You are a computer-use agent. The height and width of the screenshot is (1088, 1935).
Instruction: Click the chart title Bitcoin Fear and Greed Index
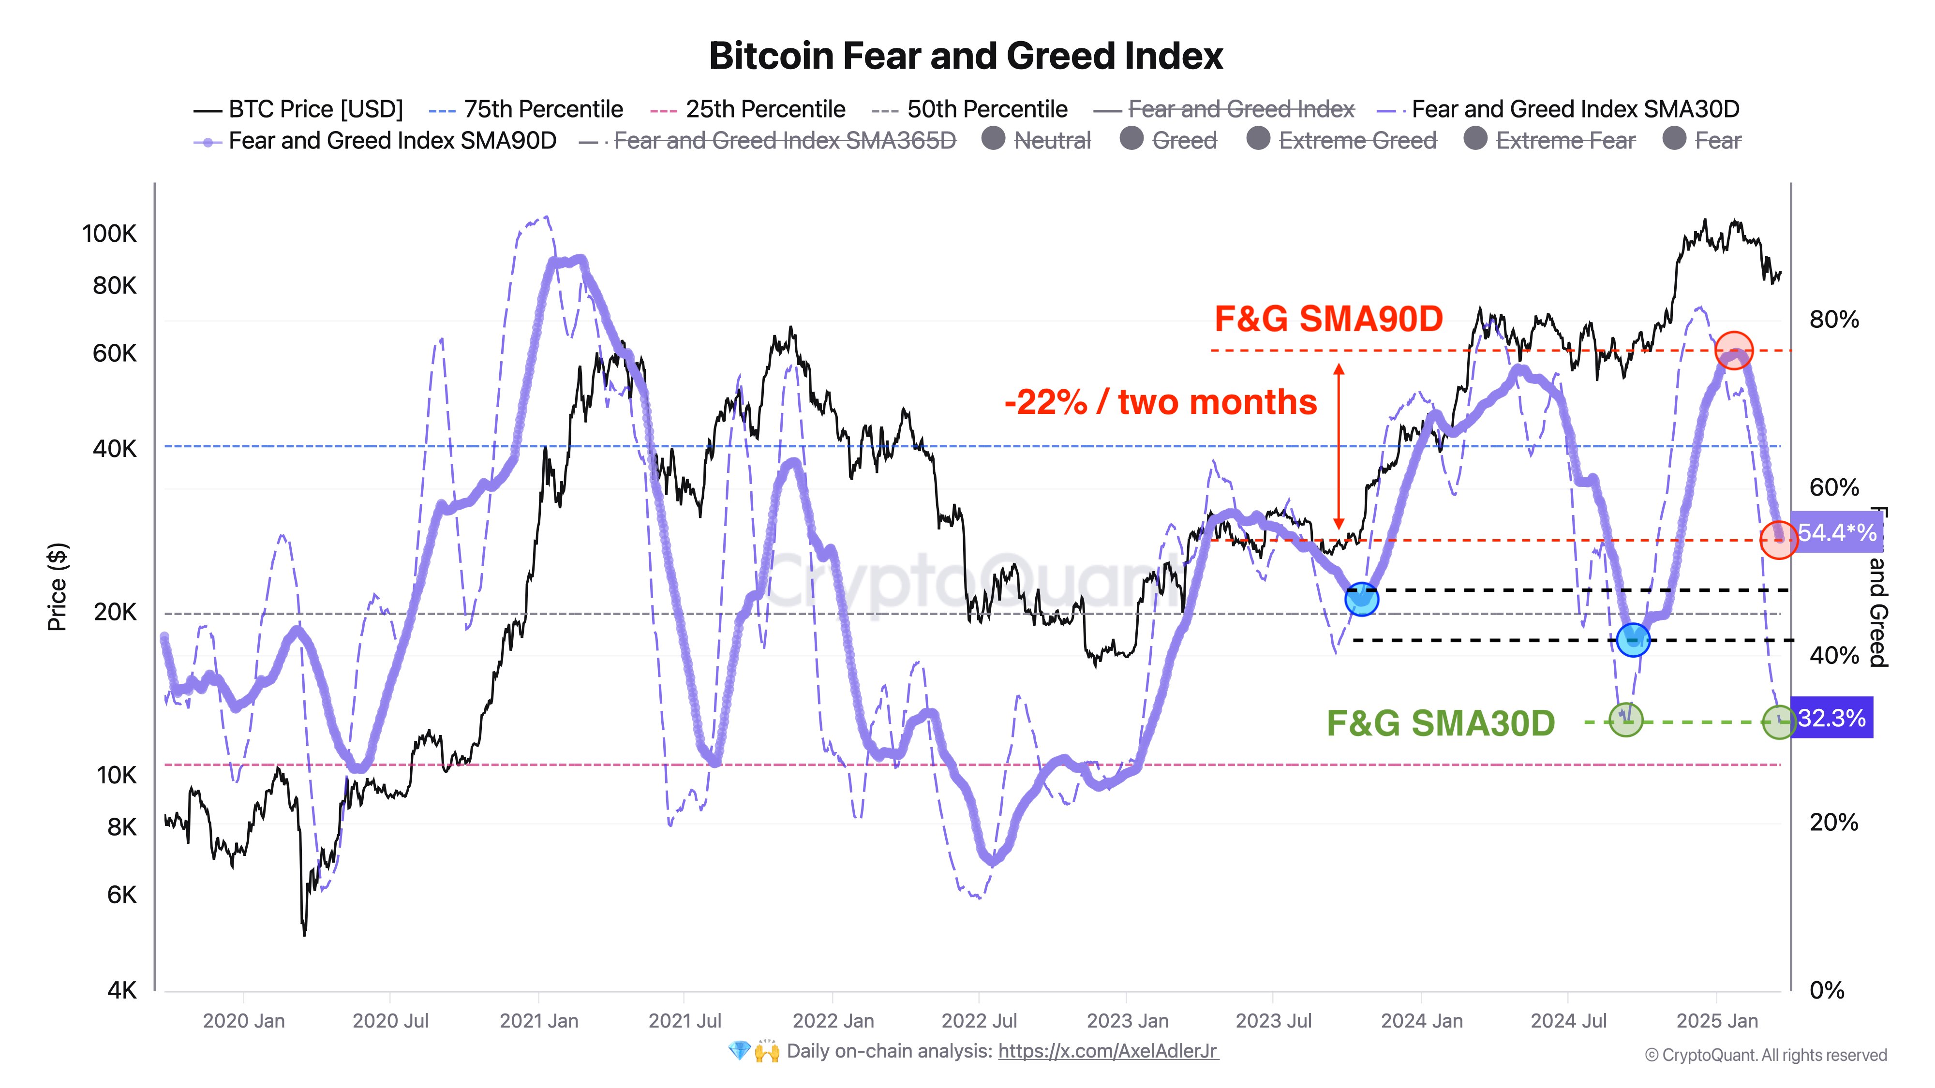pos(966,56)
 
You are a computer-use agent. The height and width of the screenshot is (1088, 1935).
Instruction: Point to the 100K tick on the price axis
pos(110,234)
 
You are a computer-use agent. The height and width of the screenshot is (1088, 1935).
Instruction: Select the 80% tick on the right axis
pos(1833,320)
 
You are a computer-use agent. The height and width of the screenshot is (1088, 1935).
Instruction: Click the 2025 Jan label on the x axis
pos(1717,1021)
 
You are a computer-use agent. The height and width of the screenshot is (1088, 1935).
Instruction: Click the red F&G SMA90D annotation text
pos(1328,319)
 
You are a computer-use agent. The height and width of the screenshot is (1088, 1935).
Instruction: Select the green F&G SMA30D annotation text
pos(1440,723)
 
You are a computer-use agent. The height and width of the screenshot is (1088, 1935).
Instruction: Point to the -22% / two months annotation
pos(1161,402)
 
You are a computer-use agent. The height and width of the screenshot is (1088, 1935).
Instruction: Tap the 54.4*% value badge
pos(1837,533)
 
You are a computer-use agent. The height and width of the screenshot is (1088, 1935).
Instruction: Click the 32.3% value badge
pos(1831,719)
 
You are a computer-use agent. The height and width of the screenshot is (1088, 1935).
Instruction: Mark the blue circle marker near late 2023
pos(1361,599)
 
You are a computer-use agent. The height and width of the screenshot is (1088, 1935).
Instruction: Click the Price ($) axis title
pos(57,587)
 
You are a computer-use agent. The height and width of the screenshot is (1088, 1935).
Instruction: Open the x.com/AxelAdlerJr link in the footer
pos(1108,1051)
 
